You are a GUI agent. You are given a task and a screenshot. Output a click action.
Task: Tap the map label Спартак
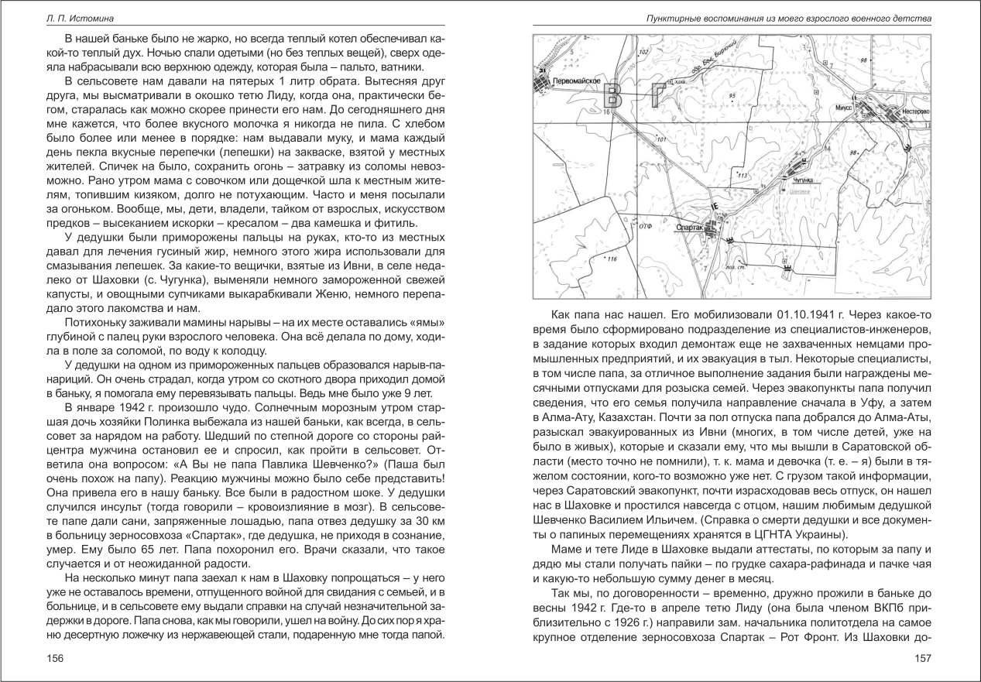click(x=689, y=228)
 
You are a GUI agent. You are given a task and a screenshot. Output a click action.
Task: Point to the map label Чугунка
click(x=802, y=180)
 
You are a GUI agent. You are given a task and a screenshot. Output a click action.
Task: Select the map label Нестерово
click(x=913, y=111)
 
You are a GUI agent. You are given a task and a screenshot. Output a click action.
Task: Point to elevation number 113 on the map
click(x=746, y=176)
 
